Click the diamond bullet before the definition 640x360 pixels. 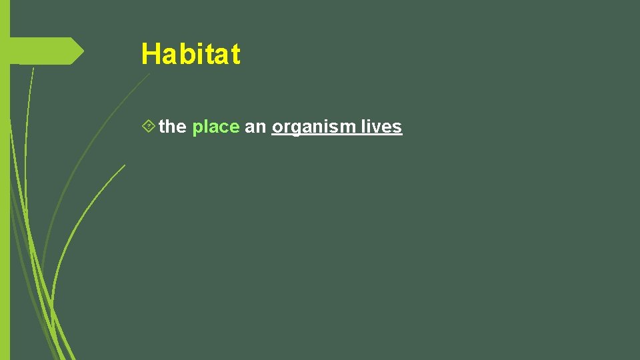(149, 125)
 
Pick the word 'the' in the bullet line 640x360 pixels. (173, 127)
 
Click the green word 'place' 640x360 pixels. (215, 127)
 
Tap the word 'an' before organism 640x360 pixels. (255, 127)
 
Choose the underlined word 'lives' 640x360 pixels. (381, 127)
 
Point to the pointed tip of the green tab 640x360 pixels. (83, 51)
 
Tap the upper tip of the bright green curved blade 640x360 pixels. (124, 165)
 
